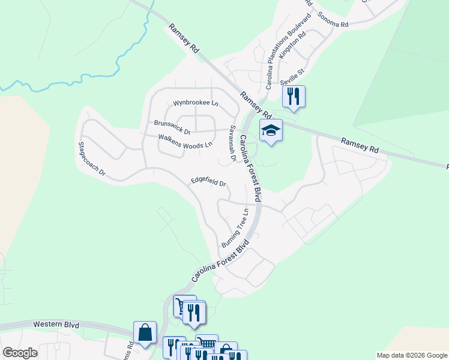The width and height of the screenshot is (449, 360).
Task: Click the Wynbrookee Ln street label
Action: pyautogui.click(x=196, y=103)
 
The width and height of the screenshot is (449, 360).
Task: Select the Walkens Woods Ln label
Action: pyautogui.click(x=185, y=141)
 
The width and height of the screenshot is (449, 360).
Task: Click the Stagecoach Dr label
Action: pyautogui.click(x=92, y=159)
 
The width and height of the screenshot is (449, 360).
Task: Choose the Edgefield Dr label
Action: pyautogui.click(x=208, y=182)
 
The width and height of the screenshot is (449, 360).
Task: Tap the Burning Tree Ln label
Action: pyautogui.click(x=235, y=229)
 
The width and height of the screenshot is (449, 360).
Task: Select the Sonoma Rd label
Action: pyautogui.click(x=333, y=20)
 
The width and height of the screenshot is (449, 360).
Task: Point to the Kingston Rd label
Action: pyautogui.click(x=294, y=43)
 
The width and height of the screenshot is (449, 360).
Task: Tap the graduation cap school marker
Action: pyautogui.click(x=271, y=130)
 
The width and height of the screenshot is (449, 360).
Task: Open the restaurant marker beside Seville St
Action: pyautogui.click(x=294, y=96)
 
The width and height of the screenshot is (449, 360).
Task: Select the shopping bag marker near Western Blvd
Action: pyautogui.click(x=145, y=332)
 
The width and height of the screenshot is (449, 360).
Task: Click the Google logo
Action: pyautogui.click(x=20, y=353)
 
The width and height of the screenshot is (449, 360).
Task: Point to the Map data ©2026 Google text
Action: pyautogui.click(x=411, y=355)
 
